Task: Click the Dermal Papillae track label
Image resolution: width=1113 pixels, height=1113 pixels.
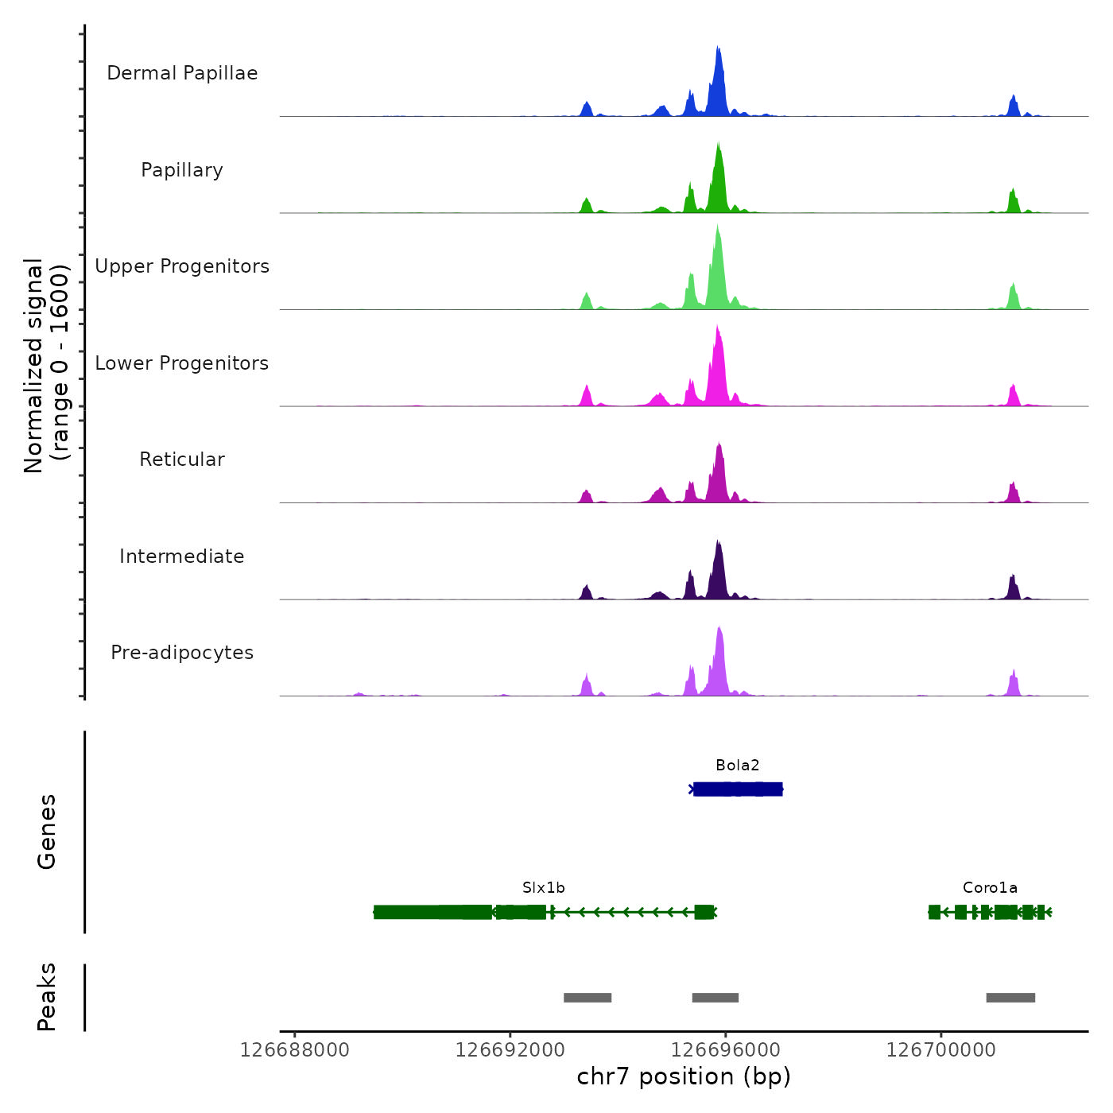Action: pos(182,73)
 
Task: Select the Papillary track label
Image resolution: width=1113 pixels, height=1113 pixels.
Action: pos(182,170)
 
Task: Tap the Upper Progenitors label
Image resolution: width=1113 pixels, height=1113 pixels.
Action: pos(182,266)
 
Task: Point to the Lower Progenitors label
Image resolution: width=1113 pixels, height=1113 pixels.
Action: pos(182,363)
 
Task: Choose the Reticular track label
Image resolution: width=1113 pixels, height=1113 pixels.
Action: pos(182,460)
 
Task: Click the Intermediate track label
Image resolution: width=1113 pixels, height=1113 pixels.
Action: pos(182,556)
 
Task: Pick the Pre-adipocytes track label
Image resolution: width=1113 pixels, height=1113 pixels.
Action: pos(182,653)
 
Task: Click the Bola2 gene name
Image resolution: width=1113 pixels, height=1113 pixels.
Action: pos(737,766)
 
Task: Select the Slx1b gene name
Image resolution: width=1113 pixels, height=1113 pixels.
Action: pos(544,888)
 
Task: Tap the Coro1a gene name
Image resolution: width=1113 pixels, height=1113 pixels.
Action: pos(990,888)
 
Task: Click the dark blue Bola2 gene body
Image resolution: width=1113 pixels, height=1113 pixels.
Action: pos(738,789)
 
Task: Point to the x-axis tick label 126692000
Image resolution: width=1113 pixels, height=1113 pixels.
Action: pos(510,1050)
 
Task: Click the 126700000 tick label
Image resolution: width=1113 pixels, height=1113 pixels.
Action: pos(940,1050)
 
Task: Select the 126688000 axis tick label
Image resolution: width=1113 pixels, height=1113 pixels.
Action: pos(294,1050)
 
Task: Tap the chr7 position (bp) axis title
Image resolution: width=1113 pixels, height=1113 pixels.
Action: pos(684,1076)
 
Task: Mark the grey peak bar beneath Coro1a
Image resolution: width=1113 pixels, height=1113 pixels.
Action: pos(1010,998)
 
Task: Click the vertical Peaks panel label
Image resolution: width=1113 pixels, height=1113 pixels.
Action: pos(47,997)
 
